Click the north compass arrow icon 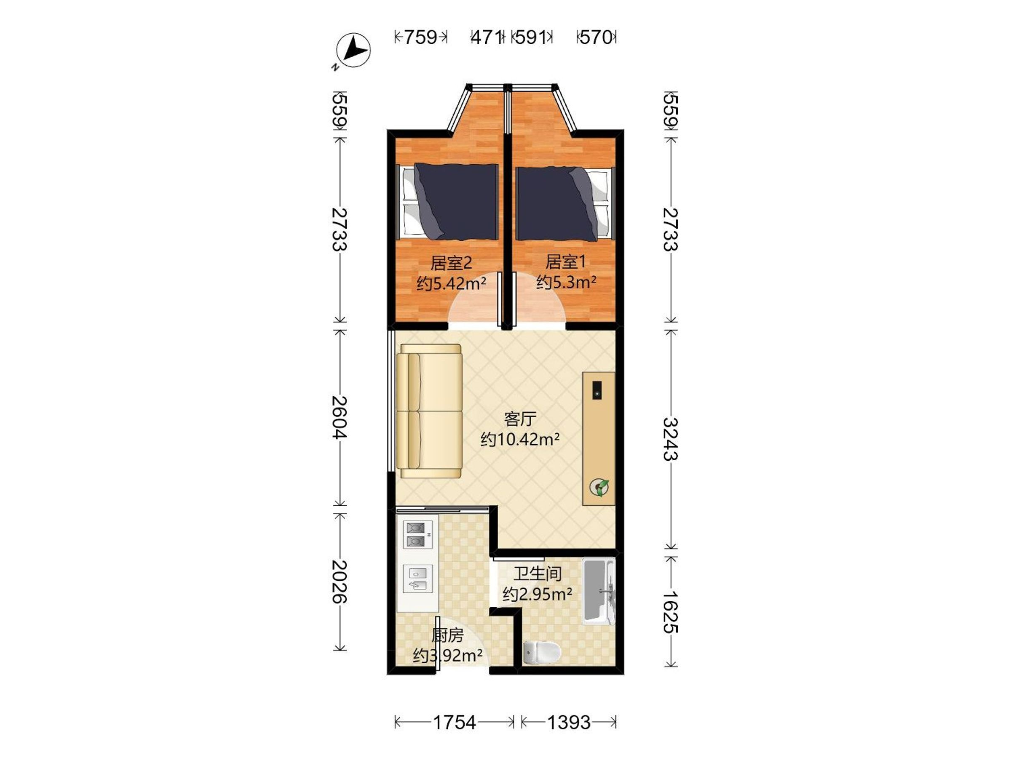[353, 50]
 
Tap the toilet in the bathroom [541, 652]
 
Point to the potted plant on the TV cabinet [599, 487]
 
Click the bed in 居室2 [447, 201]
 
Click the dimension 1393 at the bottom [569, 722]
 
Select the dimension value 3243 [671, 439]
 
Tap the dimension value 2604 [339, 418]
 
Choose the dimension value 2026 [339, 582]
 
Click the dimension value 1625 [671, 612]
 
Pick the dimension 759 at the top [420, 37]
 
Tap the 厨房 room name [447, 635]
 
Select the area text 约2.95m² [537, 594]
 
